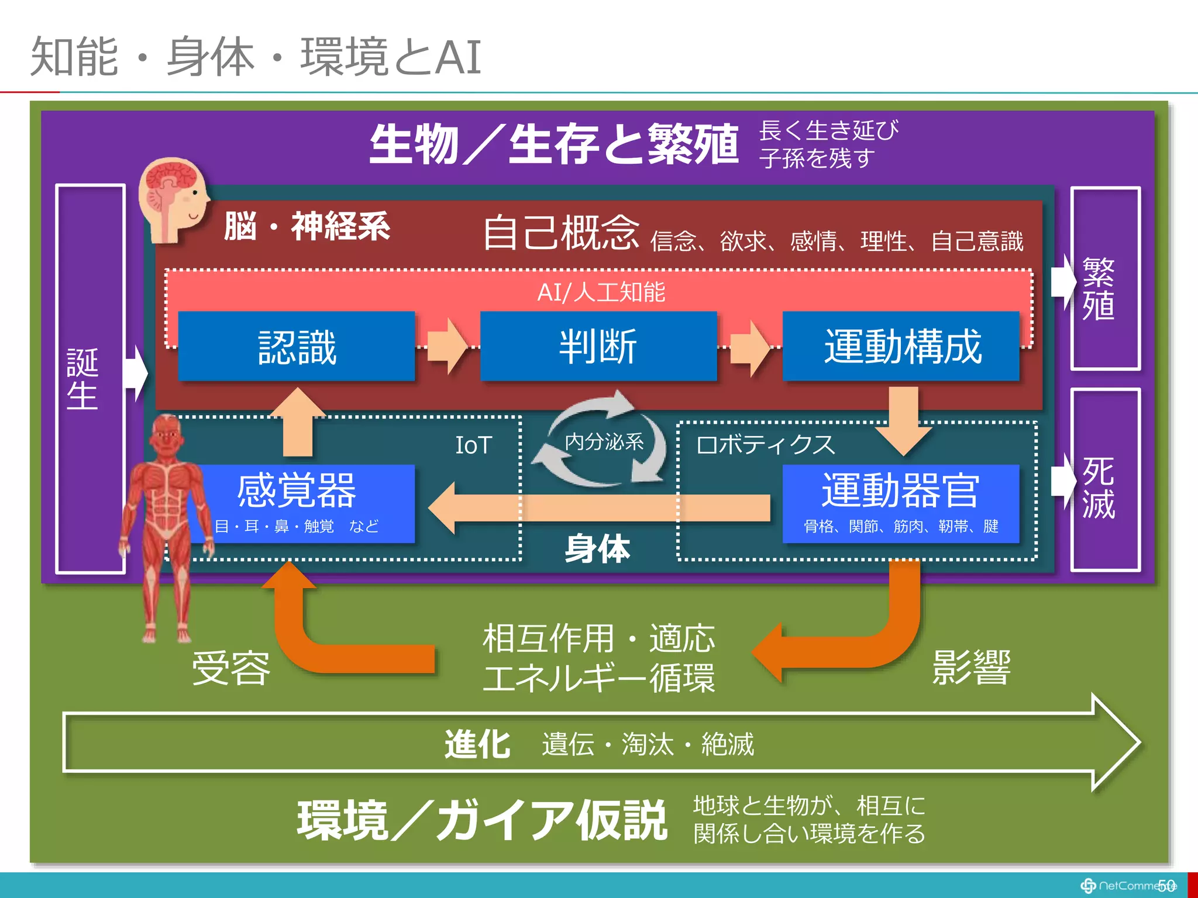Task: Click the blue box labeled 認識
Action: [x=297, y=346]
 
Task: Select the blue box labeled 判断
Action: [x=598, y=346]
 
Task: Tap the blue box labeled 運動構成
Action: [x=901, y=346]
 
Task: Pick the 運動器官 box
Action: [x=901, y=503]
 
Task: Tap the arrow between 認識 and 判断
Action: [x=447, y=346]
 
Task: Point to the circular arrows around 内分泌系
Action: [x=603, y=441]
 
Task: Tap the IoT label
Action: [x=474, y=445]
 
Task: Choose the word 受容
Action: [x=232, y=668]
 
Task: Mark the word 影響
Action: [x=971, y=666]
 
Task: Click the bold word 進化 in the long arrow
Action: [x=477, y=744]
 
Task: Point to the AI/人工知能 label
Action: [x=601, y=292]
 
